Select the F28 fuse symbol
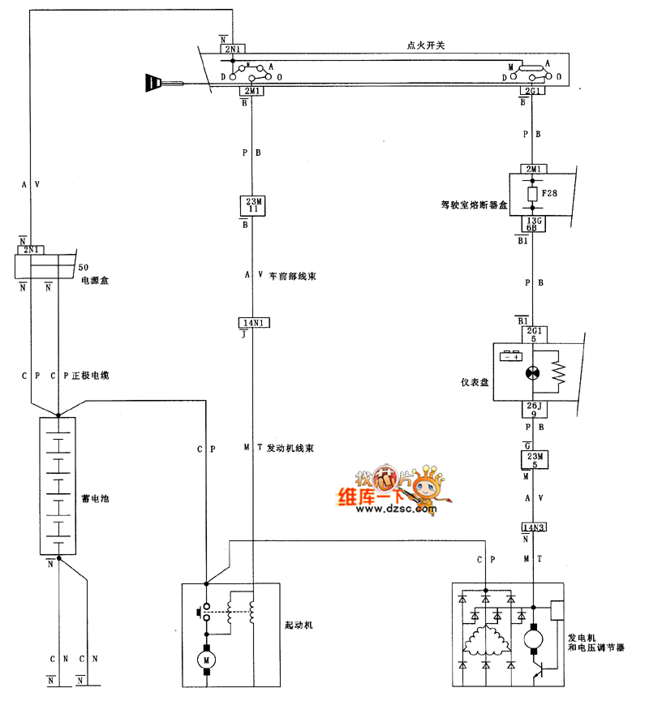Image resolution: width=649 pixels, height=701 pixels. [x=532, y=195]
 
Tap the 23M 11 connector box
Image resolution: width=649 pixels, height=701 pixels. [x=251, y=204]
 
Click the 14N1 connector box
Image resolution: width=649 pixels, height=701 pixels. [x=252, y=322]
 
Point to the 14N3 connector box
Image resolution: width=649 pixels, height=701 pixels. [x=533, y=527]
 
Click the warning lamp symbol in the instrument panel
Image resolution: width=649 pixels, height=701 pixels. [x=533, y=372]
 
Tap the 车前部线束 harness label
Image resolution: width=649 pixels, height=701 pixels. [x=291, y=277]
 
